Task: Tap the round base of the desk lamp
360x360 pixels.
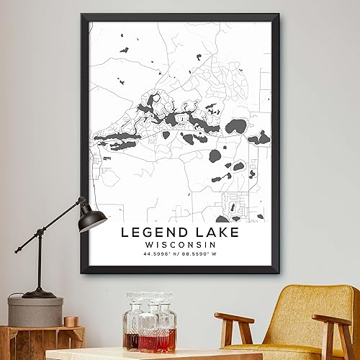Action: point(39,293)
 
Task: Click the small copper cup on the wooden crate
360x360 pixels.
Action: point(70,321)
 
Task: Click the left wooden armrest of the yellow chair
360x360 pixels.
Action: point(234,319)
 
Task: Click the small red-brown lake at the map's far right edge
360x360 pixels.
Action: point(264,138)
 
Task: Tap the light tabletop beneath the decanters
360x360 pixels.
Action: point(144,354)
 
